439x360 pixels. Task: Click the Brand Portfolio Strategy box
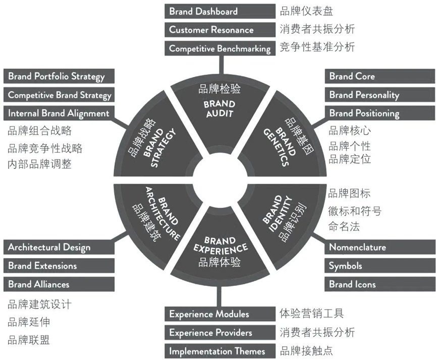pos(59,76)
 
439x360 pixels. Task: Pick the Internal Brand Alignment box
pos(59,113)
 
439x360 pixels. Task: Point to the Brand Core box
pos(380,76)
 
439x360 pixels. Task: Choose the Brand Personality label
pos(380,95)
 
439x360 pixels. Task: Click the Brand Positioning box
pos(380,113)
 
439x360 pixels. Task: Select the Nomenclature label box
pos(380,247)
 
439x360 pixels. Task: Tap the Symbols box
pos(380,266)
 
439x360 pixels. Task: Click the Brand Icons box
pos(380,284)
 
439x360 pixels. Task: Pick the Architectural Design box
pos(59,247)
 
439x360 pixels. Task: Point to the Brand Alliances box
pos(59,284)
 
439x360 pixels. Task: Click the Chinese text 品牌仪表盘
pos(306,11)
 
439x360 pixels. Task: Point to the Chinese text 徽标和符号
pos(355,210)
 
